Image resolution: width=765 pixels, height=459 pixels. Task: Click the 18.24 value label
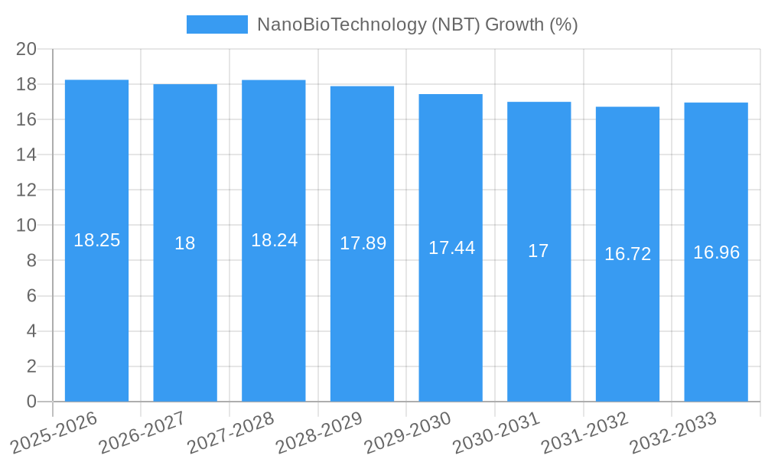274,240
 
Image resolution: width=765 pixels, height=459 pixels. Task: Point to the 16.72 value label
627,254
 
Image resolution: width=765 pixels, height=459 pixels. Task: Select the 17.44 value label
451,248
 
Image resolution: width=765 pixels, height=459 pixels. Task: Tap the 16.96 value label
716,252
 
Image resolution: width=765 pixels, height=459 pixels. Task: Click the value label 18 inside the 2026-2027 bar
185,243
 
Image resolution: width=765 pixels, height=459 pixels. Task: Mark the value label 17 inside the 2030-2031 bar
539,251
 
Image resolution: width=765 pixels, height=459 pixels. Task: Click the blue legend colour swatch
217,24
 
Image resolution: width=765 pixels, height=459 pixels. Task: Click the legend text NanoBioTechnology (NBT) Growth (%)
417,24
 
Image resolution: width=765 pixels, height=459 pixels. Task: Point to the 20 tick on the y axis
27,49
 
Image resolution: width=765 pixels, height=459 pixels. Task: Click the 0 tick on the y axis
31,402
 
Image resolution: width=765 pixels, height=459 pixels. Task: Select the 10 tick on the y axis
27,225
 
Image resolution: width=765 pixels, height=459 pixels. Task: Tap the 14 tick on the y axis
27,155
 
